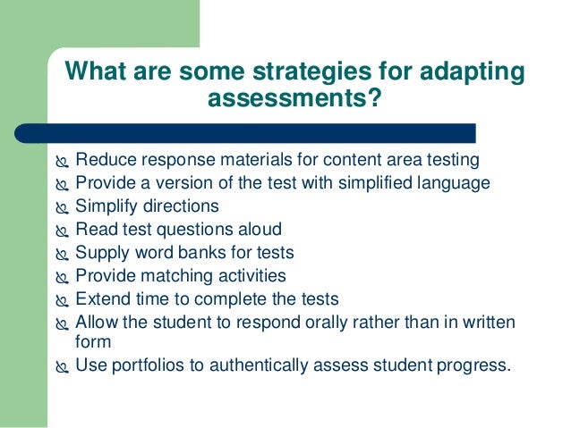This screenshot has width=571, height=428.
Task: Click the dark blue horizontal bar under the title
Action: [x=260, y=133]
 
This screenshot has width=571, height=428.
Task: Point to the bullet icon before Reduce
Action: [x=61, y=162]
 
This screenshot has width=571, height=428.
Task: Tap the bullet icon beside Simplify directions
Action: [x=61, y=207]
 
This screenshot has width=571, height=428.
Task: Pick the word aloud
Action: [x=256, y=230]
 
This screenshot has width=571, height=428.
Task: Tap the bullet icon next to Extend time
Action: [x=61, y=299]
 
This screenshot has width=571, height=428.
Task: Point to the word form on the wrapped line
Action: [x=92, y=341]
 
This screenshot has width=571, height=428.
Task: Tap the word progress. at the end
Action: [x=475, y=365]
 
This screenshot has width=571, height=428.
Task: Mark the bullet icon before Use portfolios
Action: [x=61, y=365]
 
